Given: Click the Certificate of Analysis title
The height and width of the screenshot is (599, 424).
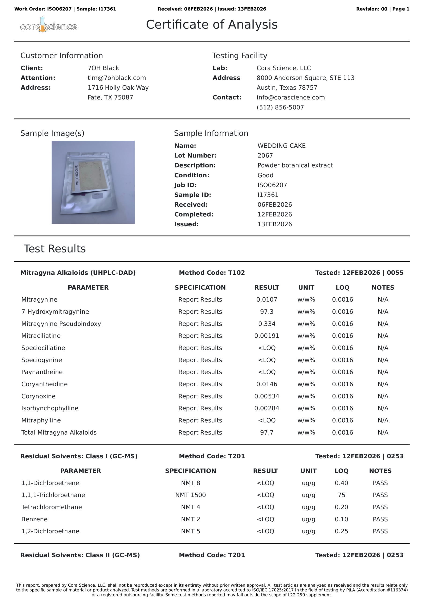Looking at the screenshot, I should (211, 25).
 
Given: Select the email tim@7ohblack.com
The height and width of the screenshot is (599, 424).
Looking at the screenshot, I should (117, 78).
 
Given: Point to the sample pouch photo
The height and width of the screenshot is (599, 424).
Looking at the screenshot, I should (93, 182).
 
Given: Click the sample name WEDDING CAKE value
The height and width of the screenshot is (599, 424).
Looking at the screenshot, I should (281, 146).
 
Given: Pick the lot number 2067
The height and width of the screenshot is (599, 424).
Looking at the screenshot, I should (265, 156).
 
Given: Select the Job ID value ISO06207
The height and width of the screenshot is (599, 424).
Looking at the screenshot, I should (272, 185).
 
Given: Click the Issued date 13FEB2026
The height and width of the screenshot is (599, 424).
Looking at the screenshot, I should (274, 224).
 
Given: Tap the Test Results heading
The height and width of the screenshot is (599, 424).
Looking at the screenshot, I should (55, 249).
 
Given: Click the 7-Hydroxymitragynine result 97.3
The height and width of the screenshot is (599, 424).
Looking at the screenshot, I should (267, 311).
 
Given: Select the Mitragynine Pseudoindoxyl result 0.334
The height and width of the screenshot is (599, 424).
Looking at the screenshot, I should (267, 324).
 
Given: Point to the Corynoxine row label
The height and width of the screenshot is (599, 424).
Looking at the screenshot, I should (38, 396).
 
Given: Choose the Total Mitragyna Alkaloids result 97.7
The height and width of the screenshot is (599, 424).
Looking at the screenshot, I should (267, 432).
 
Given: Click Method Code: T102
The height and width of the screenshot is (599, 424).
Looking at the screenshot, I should (212, 273).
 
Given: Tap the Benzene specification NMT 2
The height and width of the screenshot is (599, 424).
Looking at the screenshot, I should (190, 519).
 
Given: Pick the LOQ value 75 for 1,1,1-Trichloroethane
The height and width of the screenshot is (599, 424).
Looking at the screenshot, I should (341, 495).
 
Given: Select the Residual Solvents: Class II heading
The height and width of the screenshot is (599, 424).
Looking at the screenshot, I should (80, 555).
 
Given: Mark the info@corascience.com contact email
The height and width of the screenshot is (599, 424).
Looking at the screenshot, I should (290, 97).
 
